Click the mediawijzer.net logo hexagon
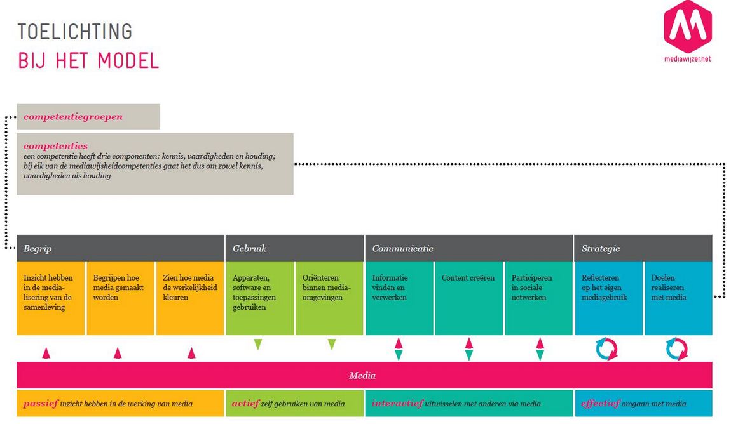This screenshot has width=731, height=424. pos(687,27)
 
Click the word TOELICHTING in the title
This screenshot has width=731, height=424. pos(75,32)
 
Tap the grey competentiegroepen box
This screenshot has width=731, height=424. pos(88,117)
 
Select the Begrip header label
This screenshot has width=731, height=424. pos(38,249)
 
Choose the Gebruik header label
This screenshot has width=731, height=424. pos(250,249)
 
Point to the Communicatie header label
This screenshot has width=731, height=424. pos(403,249)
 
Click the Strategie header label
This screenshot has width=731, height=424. pos(601,249)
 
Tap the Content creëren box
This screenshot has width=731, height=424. pos(468,297)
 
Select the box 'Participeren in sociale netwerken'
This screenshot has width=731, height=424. pos(538,297)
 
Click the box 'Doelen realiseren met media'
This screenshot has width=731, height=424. pos(678,297)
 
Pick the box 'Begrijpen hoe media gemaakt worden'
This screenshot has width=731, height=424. pos(120,297)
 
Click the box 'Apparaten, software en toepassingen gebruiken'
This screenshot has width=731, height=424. pos(259,297)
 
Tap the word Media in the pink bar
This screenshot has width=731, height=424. pos(362,376)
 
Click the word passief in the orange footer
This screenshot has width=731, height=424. pos(41,404)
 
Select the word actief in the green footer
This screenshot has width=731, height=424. pos(245,404)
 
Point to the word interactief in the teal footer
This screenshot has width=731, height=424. pos(398,404)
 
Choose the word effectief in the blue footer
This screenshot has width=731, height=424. pos(601,404)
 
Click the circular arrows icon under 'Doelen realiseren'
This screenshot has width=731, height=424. pos(677,348)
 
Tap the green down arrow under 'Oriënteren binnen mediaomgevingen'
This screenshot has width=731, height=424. pos(331,345)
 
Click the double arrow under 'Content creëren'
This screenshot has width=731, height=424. pos(469,348)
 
